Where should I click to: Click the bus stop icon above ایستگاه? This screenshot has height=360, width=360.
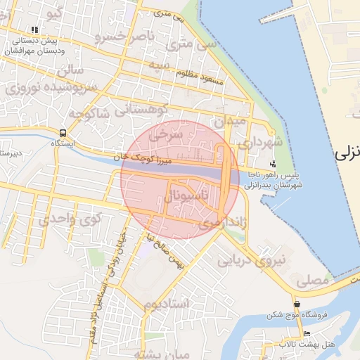[63, 133]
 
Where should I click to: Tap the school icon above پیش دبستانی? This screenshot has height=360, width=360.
[34, 30]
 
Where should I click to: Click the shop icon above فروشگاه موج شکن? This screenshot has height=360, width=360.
[297, 305]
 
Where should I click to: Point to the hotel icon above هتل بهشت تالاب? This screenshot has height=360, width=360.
[306, 333]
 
